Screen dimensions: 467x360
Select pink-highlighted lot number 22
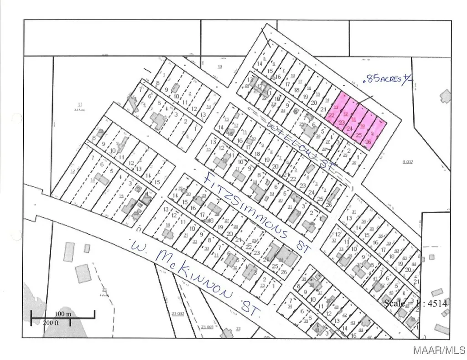pyautogui.click(x=332, y=116)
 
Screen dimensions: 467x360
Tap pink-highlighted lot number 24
pyautogui.click(x=350, y=129)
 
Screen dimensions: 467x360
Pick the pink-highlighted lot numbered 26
pyautogui.click(x=368, y=142)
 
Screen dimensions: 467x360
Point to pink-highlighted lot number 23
pyautogui.click(x=341, y=123)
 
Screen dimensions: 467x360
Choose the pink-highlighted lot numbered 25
pyautogui.click(x=359, y=135)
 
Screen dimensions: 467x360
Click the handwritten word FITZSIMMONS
pyautogui.click(x=246, y=205)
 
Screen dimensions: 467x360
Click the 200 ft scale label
pyautogui.click(x=51, y=322)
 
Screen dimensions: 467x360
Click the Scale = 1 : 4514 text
pyautogui.click(x=415, y=303)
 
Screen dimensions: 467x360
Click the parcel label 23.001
pyautogui.click(x=208, y=327)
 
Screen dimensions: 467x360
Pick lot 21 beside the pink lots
pyautogui.click(x=323, y=109)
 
